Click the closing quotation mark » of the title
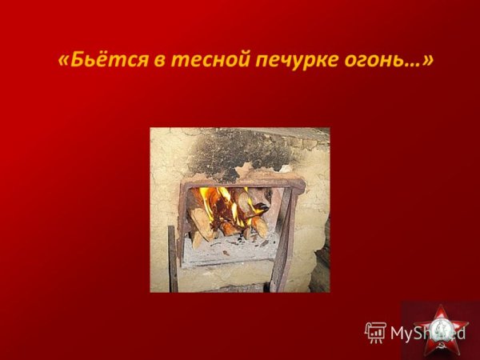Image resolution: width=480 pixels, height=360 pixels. click(429, 61)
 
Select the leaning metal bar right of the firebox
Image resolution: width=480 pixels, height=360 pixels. click(285, 240)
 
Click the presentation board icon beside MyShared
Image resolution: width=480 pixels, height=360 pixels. click(375, 332)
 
